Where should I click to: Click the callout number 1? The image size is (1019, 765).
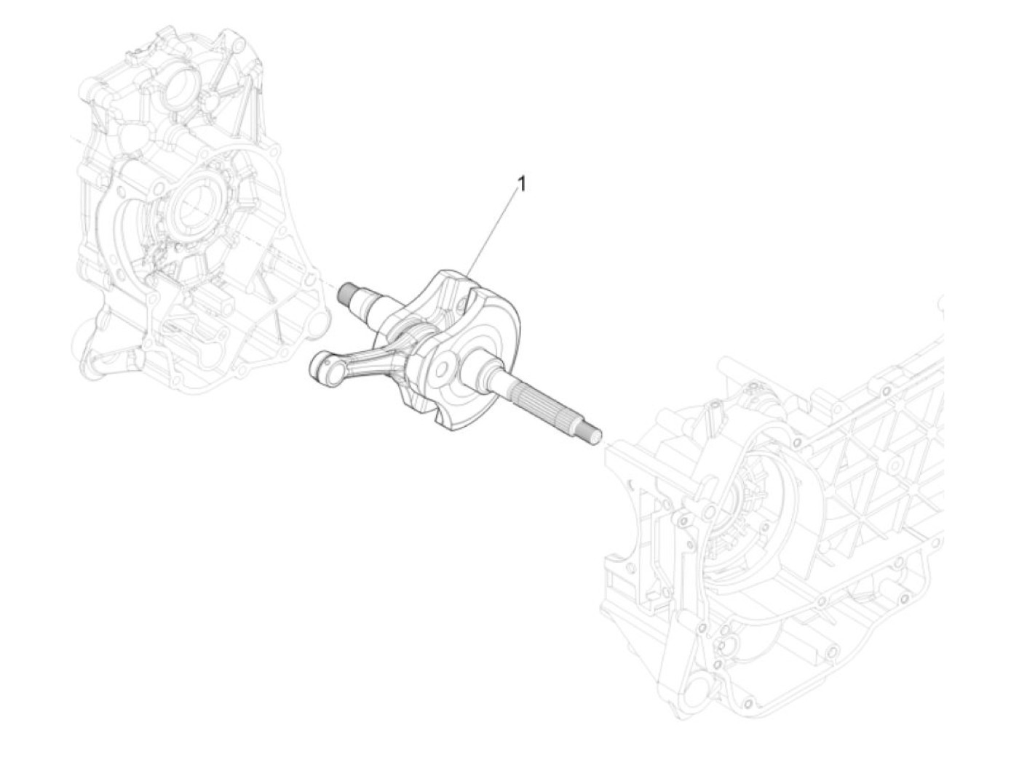tap(522, 185)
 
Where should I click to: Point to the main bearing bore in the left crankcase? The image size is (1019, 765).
tap(197, 204)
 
